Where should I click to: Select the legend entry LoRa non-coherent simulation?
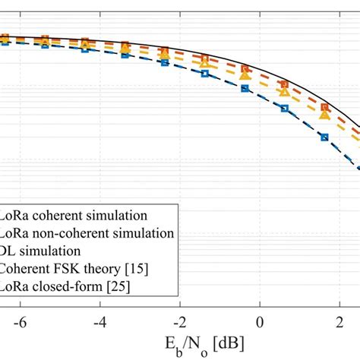coord(87,231)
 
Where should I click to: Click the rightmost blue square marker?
coord(324,137)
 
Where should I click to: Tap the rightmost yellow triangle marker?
coord(324,115)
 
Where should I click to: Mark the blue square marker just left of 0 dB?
coord(245,88)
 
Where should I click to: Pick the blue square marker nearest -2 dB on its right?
coord(204,74)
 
